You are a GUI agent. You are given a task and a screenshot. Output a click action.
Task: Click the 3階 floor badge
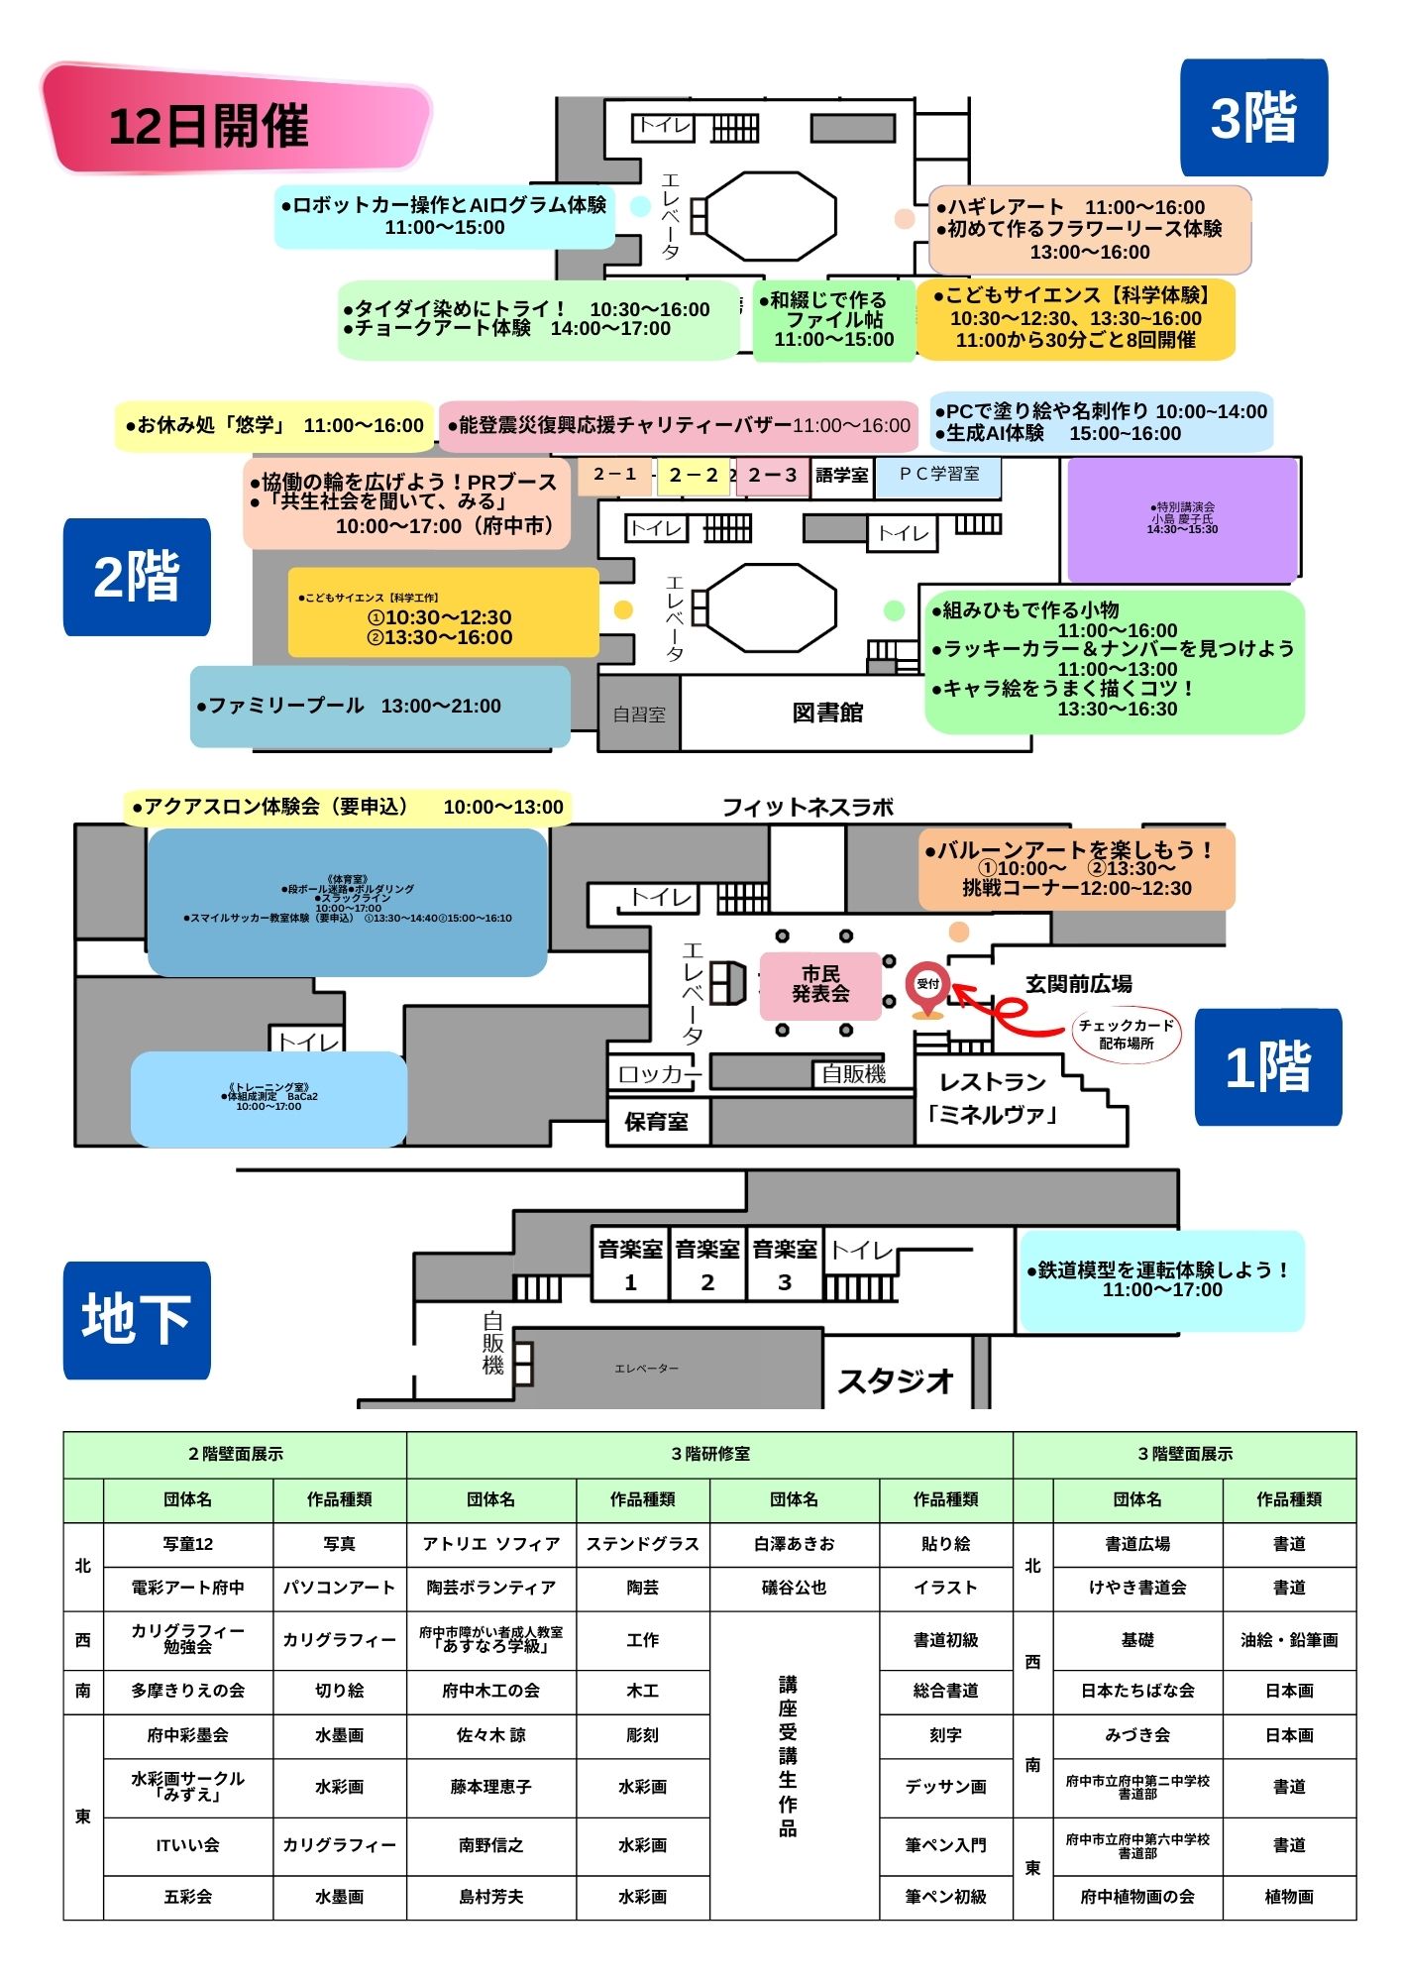pos(1253,117)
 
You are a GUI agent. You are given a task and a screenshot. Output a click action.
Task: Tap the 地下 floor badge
pos(137,1319)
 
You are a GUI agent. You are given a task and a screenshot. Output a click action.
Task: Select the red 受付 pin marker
pos(927,987)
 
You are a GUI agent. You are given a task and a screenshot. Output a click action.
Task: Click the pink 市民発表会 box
pos(820,985)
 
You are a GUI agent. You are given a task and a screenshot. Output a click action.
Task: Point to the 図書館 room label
pos(827,713)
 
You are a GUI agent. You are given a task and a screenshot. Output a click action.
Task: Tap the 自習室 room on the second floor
pos(639,714)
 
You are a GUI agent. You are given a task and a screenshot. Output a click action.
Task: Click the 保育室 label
pos(656,1122)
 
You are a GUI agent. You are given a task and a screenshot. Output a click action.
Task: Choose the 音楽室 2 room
pos(707,1265)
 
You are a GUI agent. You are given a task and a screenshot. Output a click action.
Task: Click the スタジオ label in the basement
pos(896,1379)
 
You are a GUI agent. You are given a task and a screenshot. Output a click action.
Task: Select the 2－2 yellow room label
pos(694,476)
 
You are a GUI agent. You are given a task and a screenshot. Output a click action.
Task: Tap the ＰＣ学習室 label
pos(939,475)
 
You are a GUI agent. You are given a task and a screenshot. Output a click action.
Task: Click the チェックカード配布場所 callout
pos(1127,1035)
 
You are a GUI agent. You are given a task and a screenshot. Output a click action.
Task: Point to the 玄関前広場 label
pos(1078,984)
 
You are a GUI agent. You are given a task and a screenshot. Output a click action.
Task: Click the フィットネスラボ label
pos(808,808)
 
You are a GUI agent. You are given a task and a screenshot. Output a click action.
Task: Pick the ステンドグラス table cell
pos(642,1544)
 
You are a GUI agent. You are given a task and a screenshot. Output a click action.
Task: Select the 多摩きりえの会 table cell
pos(187,1691)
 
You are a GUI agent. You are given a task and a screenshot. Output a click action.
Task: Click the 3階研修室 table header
pos(709,1454)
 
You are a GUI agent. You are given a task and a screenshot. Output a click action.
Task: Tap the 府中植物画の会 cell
pos(1137,1897)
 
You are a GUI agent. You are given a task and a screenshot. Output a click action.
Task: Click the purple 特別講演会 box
pos(1182,519)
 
